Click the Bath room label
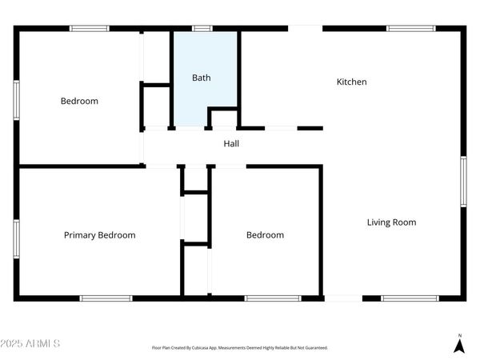[x=201, y=78]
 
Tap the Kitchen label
[x=351, y=82]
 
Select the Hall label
[x=231, y=144]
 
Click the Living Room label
[x=391, y=222]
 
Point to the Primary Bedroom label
[x=99, y=235]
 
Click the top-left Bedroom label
[x=79, y=101]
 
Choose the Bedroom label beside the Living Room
[x=265, y=235]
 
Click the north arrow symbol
[x=459, y=346]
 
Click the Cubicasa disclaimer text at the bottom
[x=240, y=348]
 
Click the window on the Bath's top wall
[x=202, y=29]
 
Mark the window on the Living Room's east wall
[x=463, y=182]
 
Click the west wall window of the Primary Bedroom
[x=16, y=238]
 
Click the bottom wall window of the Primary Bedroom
[x=106, y=298]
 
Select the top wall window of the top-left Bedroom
[x=90, y=29]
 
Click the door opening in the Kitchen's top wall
[x=305, y=29]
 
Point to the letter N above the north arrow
[x=459, y=334]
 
